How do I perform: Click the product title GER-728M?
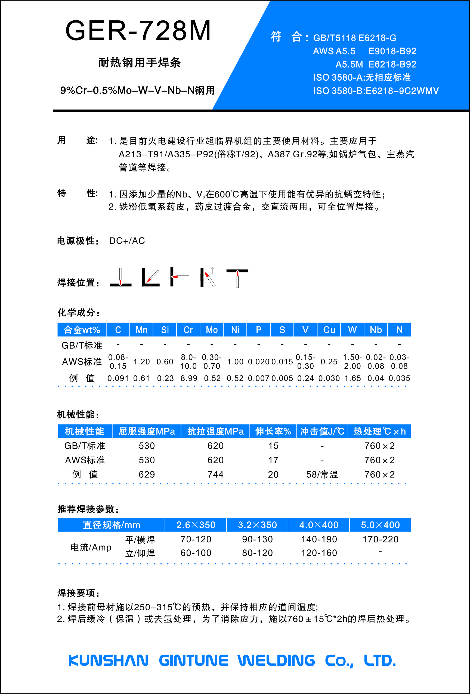(138, 30)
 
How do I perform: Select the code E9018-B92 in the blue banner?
(392, 51)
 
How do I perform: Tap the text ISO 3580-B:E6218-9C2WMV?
(376, 91)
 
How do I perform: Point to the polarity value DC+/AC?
(127, 241)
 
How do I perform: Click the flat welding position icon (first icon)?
(120, 278)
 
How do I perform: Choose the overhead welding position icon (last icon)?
(237, 278)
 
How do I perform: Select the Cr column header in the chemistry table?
(188, 330)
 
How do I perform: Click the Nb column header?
(376, 330)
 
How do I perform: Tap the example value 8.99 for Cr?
(189, 378)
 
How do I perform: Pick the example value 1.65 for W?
(352, 378)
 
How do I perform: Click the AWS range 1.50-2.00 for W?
(352, 362)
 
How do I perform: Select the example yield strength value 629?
(147, 474)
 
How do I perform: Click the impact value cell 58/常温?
(322, 474)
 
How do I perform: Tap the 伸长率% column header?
(273, 431)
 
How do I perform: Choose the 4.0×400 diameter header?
(319, 525)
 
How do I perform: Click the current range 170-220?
(380, 539)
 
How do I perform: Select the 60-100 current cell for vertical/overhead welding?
(196, 553)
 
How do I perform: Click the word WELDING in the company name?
(276, 660)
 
